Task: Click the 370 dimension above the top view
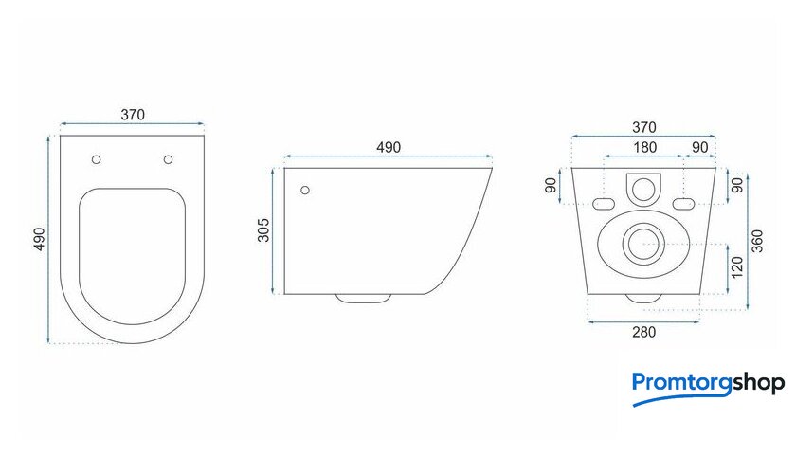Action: point(133,115)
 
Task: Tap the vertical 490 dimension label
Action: point(39,239)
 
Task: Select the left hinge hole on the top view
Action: point(96,159)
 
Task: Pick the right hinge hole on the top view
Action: point(168,159)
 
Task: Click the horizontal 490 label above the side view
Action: point(389,147)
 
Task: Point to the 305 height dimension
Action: point(263,230)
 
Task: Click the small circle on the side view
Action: point(305,191)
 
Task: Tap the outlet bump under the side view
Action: point(363,299)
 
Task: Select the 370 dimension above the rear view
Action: point(643,127)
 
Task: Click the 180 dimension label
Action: point(644,147)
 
